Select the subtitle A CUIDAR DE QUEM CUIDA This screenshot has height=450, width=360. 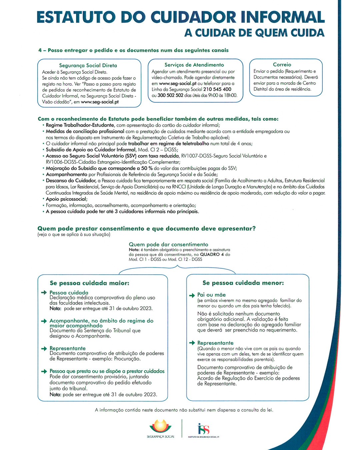254,33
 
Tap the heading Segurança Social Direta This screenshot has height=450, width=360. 88,65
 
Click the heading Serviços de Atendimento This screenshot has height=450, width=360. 194,65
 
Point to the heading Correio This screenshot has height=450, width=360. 282,64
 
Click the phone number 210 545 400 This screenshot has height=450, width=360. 217,89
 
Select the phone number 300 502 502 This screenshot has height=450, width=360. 170,95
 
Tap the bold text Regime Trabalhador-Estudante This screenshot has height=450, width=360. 80,125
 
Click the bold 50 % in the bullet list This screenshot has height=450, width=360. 146,168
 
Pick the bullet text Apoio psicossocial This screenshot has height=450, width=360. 66,199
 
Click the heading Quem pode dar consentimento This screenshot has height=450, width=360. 168,244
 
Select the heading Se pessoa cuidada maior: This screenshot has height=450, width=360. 89,283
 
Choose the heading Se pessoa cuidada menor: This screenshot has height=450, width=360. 243,283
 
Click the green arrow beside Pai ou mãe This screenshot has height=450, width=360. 192,295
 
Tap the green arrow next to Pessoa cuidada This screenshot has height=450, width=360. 44,293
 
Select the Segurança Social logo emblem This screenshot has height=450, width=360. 160,426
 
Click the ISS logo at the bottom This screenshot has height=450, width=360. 203,429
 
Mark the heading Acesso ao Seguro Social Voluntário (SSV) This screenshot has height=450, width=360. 113,156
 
